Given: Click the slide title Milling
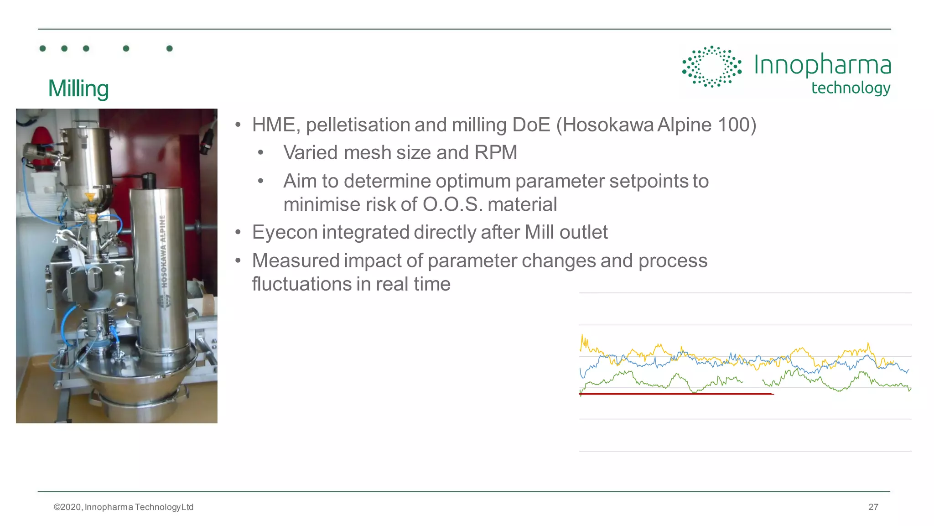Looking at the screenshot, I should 78,89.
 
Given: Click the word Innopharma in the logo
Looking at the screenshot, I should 822,65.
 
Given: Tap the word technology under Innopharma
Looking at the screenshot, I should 851,88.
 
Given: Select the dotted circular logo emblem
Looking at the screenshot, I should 711,67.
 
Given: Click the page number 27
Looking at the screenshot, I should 873,507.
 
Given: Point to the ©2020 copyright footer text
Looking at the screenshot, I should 123,507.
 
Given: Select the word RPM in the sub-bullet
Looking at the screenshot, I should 495,153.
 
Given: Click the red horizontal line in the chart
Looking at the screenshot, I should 675,393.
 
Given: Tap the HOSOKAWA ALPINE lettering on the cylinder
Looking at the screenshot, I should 163,251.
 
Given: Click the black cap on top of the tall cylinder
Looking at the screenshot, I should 149,181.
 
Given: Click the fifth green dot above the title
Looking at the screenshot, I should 169,48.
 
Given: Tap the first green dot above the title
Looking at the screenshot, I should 43,48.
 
